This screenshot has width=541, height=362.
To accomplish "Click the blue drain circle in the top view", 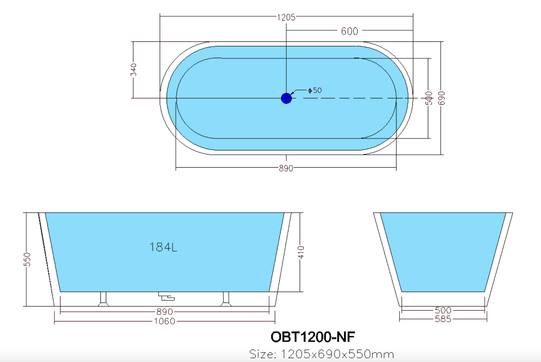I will (x=286, y=98).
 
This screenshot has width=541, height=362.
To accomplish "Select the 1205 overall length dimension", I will (x=286, y=17).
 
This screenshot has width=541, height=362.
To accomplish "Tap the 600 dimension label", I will (x=349, y=31).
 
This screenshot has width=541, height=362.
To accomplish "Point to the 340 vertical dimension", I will (x=134, y=70).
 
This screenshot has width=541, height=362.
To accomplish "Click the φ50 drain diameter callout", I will (x=315, y=90).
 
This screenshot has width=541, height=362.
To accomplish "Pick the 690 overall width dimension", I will (x=441, y=98).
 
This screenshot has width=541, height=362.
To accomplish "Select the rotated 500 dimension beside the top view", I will (x=429, y=98).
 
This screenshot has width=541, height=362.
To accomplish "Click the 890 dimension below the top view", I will (x=286, y=168).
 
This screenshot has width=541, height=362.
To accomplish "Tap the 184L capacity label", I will (x=163, y=247).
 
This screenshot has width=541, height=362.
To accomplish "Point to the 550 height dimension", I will (x=27, y=260).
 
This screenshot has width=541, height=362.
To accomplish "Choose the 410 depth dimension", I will (x=301, y=252).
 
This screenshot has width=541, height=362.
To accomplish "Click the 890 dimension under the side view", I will (x=164, y=312).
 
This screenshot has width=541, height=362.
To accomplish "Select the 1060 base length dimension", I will (x=164, y=321).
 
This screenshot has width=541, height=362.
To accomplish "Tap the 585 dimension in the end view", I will (x=443, y=319).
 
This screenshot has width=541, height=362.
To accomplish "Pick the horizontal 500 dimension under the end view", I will (x=443, y=310).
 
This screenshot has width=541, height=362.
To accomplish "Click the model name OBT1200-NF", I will (x=313, y=337).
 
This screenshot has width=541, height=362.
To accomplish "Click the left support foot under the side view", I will (x=103, y=299).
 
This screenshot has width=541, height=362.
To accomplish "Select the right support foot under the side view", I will (x=226, y=299).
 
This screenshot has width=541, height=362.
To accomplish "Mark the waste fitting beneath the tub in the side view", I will (x=166, y=297).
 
